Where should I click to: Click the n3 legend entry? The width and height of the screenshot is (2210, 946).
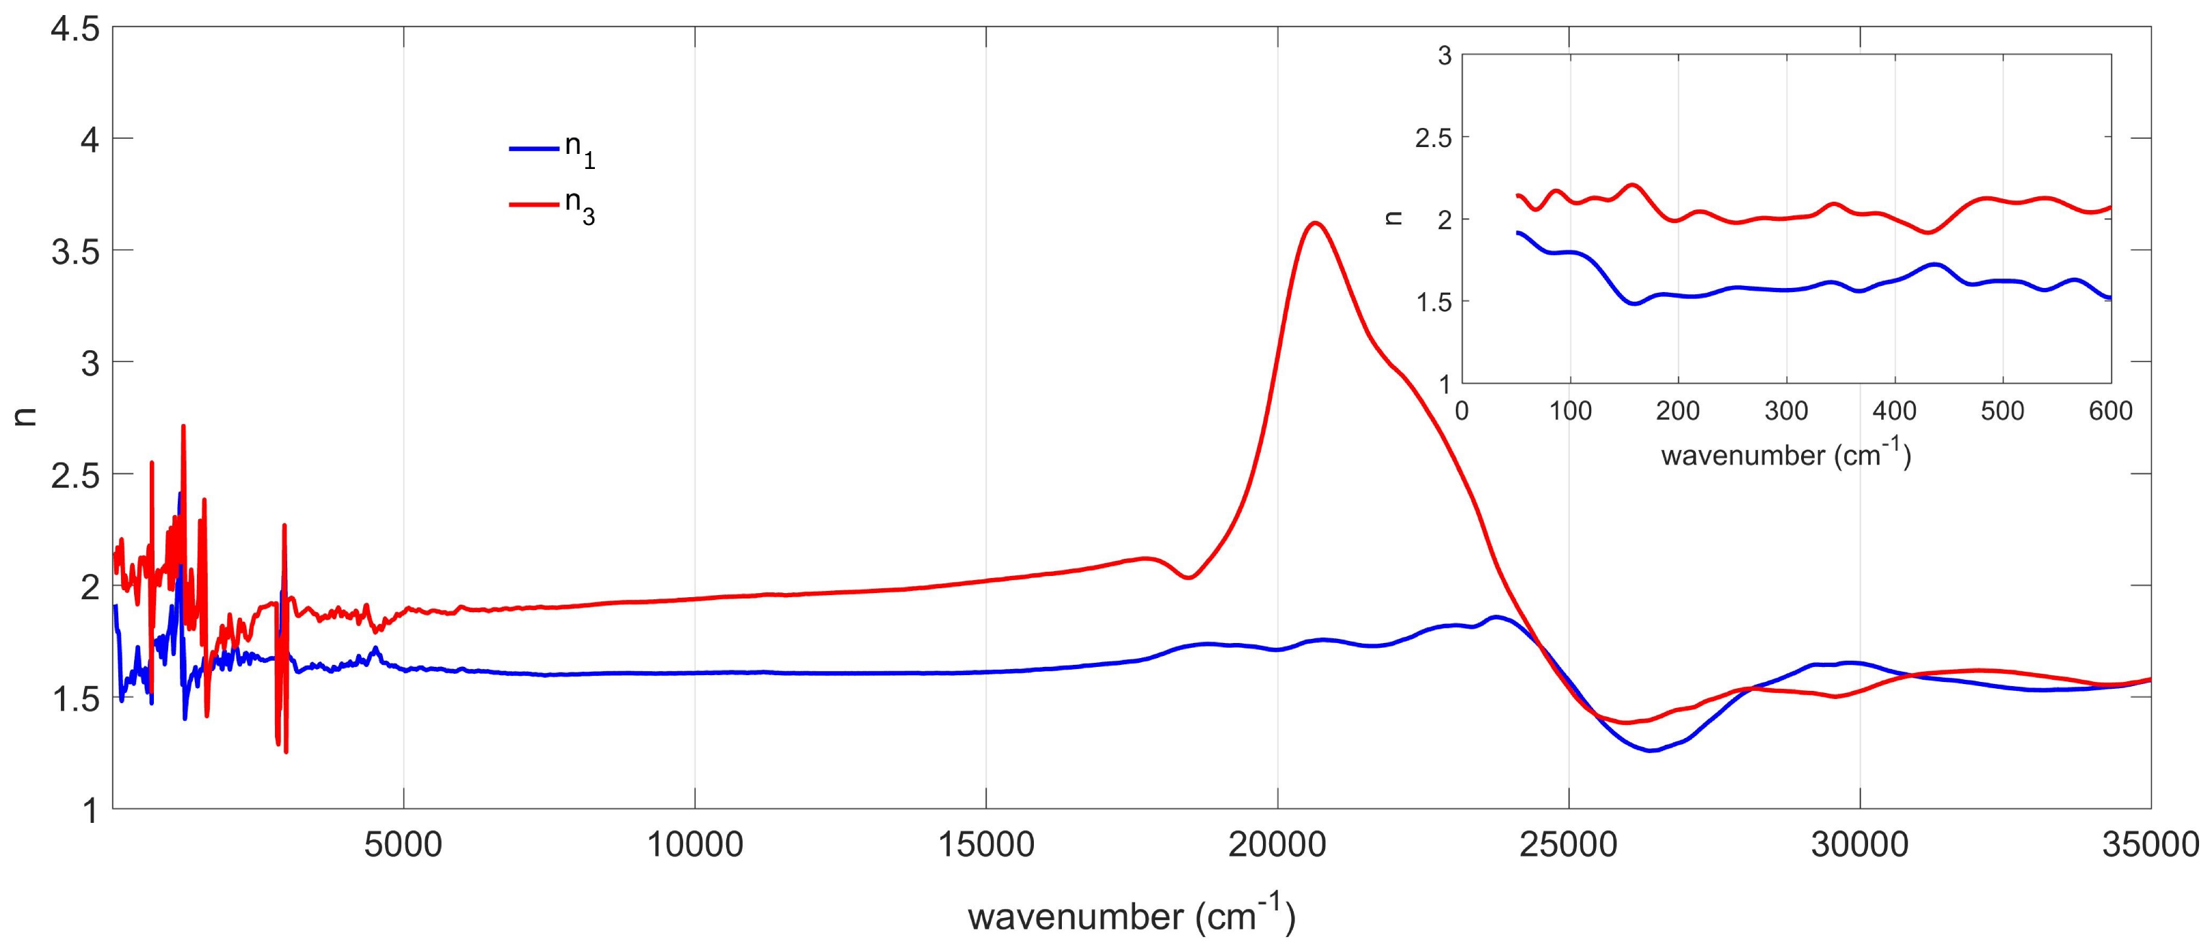pyautogui.click(x=553, y=205)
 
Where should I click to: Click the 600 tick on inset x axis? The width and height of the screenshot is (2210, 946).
pyautogui.click(x=2110, y=410)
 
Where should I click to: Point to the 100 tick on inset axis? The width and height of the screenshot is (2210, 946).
pyautogui.click(x=1570, y=410)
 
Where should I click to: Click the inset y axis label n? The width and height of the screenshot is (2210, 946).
pyautogui.click(x=1394, y=218)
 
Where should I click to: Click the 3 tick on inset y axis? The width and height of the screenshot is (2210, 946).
pyautogui.click(x=1444, y=56)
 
